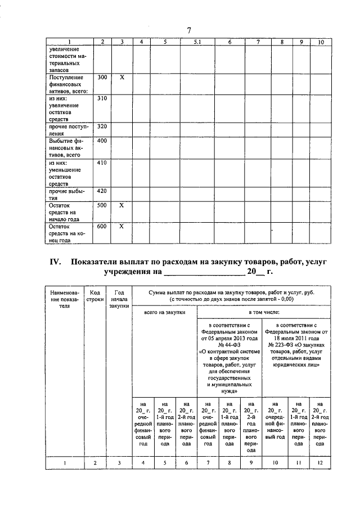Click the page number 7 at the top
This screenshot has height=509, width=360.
(189, 30)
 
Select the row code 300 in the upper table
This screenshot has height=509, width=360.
(102, 76)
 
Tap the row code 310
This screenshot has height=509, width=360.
(102, 98)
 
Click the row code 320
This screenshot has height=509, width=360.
(102, 127)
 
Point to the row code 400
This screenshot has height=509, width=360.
(102, 141)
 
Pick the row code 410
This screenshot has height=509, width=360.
(102, 163)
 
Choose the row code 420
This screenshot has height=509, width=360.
(102, 191)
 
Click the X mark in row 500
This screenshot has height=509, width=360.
(121, 205)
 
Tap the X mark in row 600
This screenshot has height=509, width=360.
(121, 226)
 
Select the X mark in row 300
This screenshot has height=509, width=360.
(121, 76)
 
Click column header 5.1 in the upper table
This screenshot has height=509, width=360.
(197, 42)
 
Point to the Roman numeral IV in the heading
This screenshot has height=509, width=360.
(55, 263)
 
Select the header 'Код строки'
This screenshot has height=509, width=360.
(95, 296)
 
